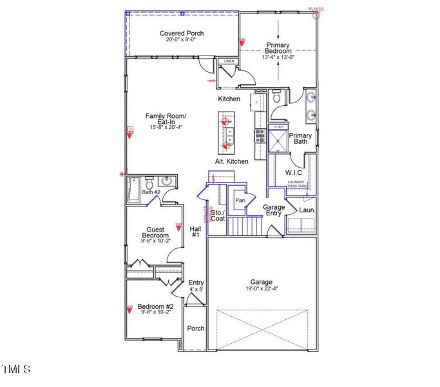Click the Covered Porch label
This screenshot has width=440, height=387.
pyautogui.click(x=182, y=34)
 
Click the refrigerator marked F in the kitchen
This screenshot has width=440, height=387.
pyautogui.click(x=257, y=103)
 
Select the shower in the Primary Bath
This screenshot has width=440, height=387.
pyautogui.click(x=278, y=137)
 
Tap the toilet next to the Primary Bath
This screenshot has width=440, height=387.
pyautogui.click(x=277, y=97)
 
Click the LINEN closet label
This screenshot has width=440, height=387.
pyautogui.click(x=229, y=61)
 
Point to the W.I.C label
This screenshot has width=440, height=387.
pyautogui.click(x=294, y=172)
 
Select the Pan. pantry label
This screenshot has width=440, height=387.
pyautogui.click(x=240, y=201)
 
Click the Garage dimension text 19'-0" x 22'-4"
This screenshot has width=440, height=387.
pyautogui.click(x=261, y=290)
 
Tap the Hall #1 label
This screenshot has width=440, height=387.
pyautogui.click(x=195, y=232)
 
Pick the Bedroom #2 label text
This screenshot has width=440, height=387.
pyautogui.click(x=155, y=306)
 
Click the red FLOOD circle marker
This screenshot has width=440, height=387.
pyautogui.click(x=316, y=14)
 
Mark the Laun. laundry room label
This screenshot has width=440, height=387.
pyautogui.click(x=307, y=210)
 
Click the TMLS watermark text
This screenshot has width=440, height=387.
pyautogui.click(x=15, y=370)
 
